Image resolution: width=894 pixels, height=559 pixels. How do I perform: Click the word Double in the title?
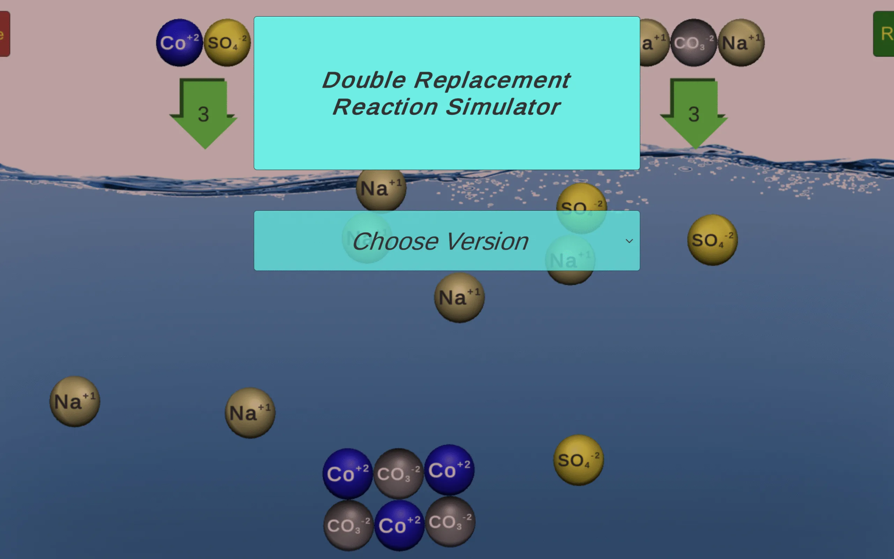tap(364, 80)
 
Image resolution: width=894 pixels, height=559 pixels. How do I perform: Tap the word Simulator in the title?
tap(503, 107)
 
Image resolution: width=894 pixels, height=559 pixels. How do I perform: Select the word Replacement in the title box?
tap(492, 80)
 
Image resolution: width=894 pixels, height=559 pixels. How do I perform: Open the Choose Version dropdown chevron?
tap(629, 241)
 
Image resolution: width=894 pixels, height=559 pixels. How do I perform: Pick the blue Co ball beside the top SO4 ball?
tap(179, 43)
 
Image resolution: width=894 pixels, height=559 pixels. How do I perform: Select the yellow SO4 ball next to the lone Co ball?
tap(227, 43)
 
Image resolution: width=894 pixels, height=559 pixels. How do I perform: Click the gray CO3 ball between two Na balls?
tap(694, 43)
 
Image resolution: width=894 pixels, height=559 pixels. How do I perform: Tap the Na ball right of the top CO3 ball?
tap(741, 43)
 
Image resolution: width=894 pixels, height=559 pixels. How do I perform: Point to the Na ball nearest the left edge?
tap(75, 401)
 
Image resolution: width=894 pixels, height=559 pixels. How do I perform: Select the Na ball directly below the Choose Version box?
tap(459, 298)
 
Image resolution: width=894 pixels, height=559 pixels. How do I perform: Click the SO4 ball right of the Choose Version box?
tap(712, 240)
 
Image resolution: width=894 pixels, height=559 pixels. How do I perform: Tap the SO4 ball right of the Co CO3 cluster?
tap(578, 460)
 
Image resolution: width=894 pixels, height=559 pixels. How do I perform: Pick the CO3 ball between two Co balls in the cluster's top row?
tap(398, 474)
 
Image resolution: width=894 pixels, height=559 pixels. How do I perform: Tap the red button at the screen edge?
tap(5, 34)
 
